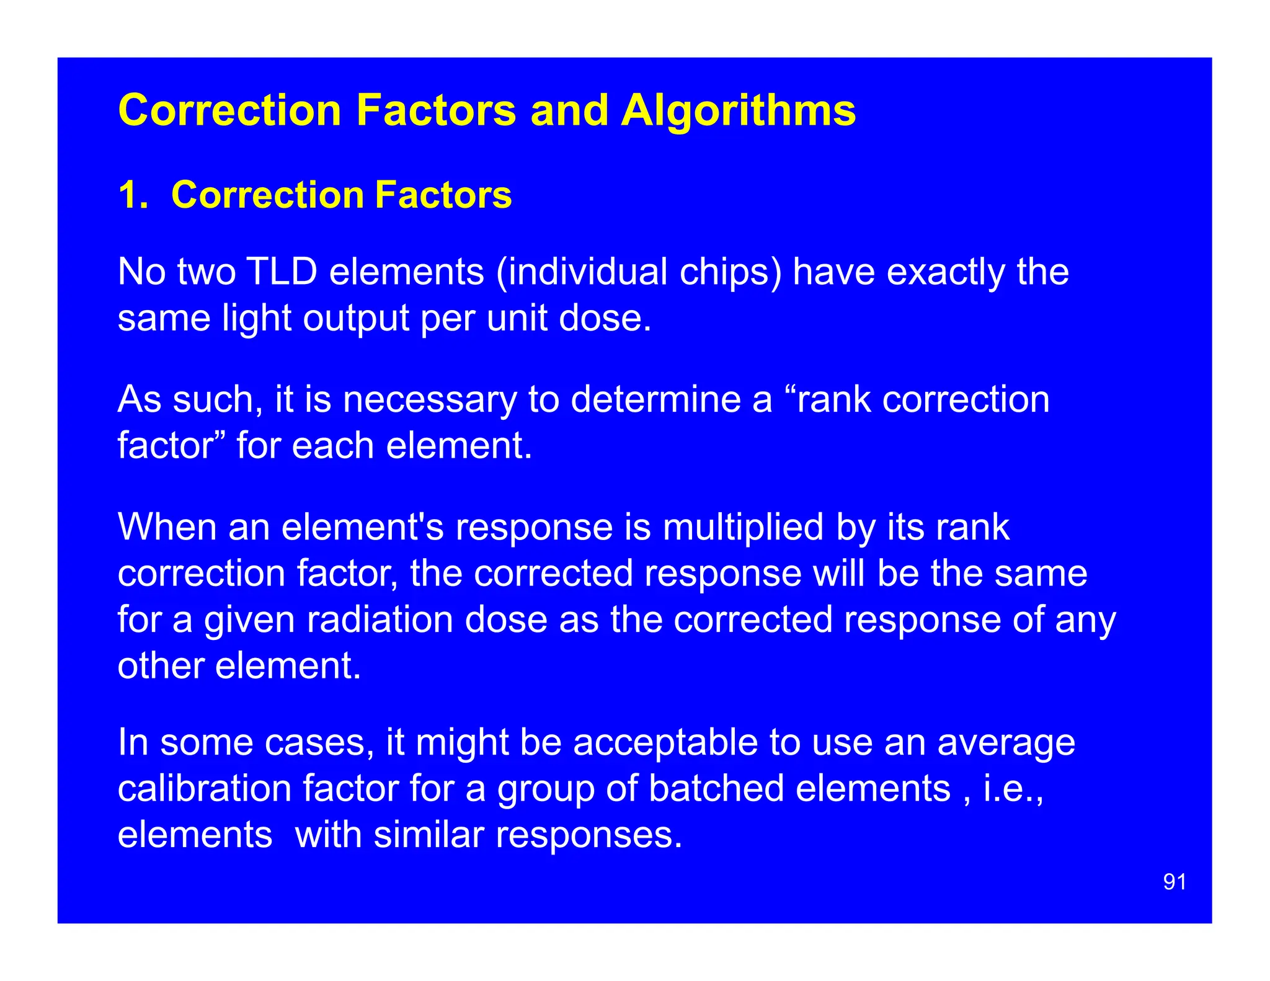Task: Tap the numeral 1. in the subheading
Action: pyautogui.click(x=133, y=195)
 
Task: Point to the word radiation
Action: pyautogui.click(x=380, y=619)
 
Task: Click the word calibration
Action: pyautogui.click(x=204, y=789)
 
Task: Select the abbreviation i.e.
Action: pyautogui.click(x=1013, y=789)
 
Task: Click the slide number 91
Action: pyautogui.click(x=1175, y=882)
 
